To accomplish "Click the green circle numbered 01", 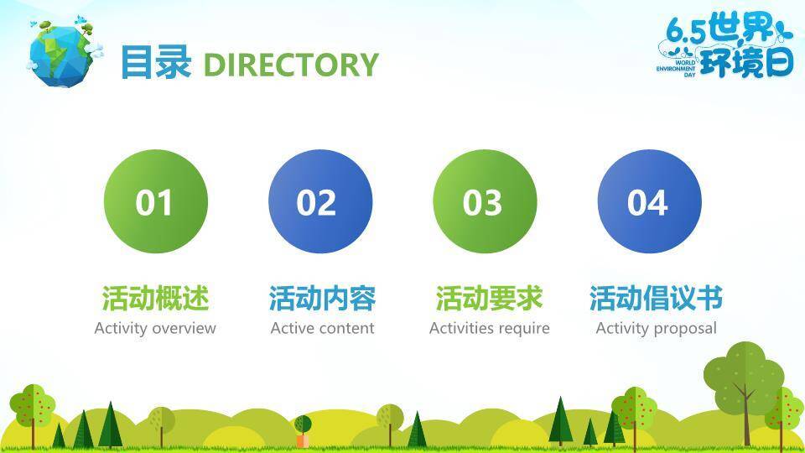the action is point(156,201).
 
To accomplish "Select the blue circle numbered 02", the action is point(320,201).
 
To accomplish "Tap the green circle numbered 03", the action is point(486,201).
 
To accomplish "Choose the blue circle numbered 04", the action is point(649,201).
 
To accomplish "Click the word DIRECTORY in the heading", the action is point(291,65).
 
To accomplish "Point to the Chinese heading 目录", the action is point(156,63).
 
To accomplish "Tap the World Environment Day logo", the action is point(724,45).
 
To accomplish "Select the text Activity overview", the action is point(155,328).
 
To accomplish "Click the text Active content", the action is point(322,328).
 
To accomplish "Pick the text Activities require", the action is point(489,328).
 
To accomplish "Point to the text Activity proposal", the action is point(656,328).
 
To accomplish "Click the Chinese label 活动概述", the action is point(156,299).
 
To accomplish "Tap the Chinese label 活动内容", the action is point(322,299).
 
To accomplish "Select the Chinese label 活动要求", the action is point(489,299).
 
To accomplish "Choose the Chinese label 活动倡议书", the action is point(656,299).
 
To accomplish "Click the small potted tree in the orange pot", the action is point(303,431).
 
